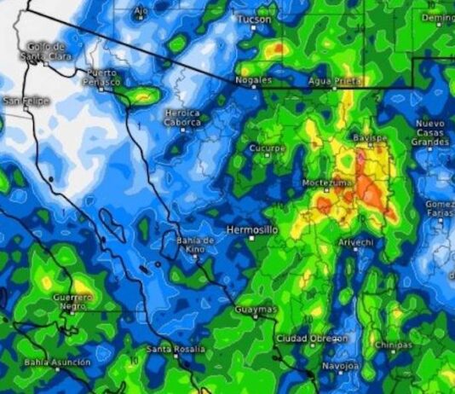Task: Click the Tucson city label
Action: (254, 19)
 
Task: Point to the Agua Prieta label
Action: (335, 80)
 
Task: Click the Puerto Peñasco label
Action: (101, 77)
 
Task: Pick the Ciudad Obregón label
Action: (312, 339)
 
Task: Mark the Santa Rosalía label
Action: (176, 349)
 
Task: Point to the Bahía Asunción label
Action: (57, 362)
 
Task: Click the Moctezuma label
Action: (326, 183)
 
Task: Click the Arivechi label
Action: (355, 243)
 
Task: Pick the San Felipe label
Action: (26, 101)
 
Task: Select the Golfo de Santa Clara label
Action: (45, 50)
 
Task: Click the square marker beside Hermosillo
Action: (251, 239)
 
